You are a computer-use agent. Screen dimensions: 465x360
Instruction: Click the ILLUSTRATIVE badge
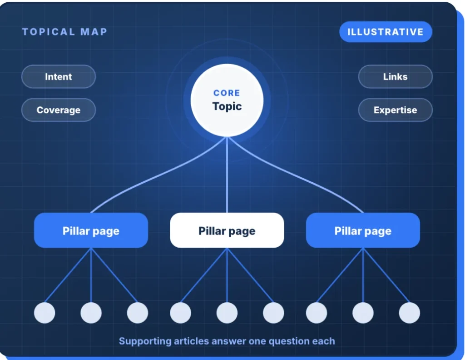point(386,32)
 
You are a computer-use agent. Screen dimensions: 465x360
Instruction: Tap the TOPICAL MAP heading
point(64,32)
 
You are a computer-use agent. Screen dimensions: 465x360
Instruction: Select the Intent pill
point(59,76)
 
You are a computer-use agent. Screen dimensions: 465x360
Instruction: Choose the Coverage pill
point(59,110)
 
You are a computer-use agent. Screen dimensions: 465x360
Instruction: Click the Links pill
point(396,76)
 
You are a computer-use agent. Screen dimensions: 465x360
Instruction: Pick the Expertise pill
point(396,110)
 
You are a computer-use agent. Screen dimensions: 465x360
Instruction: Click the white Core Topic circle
point(227,100)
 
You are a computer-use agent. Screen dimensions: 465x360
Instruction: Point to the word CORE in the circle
point(227,93)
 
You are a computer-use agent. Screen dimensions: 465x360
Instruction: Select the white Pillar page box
point(227,230)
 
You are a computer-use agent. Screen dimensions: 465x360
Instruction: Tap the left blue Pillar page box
point(91,230)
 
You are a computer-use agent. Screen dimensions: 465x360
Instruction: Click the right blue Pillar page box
point(363,230)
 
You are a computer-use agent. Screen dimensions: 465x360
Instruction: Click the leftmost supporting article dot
point(45,313)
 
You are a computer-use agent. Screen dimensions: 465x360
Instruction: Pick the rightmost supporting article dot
point(409,313)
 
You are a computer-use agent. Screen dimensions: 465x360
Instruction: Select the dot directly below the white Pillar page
point(227,313)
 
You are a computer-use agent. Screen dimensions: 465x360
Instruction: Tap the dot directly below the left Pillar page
point(91,313)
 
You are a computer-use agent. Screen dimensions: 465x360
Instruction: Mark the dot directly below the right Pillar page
point(363,313)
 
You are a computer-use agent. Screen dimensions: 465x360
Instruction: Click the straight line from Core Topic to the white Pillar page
point(227,175)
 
